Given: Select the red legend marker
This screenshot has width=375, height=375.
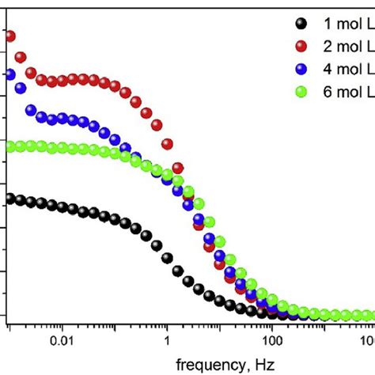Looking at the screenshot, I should [x=301, y=45].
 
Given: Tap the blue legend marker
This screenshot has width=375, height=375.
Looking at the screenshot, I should [x=301, y=68].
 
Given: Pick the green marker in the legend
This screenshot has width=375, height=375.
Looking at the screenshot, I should [x=301, y=91].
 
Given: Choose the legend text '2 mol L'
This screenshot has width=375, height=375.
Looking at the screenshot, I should [x=347, y=45].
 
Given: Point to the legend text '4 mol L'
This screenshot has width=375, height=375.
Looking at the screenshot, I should [x=347, y=68].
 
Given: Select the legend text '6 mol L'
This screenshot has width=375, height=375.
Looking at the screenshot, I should [x=347, y=91].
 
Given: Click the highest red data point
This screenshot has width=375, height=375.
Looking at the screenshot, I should [x=9, y=35].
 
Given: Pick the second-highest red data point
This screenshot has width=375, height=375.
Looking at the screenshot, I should [x=21, y=57].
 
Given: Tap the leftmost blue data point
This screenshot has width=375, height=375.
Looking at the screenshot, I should [x=9, y=74].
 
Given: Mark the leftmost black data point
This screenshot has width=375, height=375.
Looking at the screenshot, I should [x=9, y=199].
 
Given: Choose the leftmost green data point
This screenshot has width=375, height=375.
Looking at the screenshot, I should [x=9, y=146].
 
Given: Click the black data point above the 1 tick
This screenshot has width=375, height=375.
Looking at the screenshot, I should [x=167, y=257].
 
